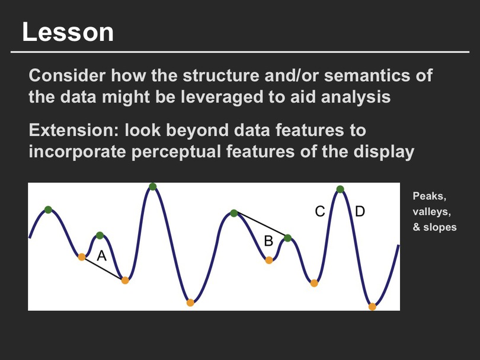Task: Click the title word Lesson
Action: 68,32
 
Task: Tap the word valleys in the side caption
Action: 431,211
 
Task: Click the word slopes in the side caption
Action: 440,227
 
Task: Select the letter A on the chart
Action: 102,256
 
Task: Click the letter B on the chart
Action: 268,241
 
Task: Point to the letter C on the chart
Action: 320,211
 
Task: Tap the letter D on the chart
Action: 360,211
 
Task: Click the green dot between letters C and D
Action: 340,189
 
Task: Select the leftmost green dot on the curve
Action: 48,210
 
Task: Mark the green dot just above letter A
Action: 100,236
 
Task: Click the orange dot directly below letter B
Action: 269,261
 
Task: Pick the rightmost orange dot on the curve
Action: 372,307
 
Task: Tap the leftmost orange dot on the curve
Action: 81,257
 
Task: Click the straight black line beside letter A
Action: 103,269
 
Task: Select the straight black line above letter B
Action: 261,226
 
